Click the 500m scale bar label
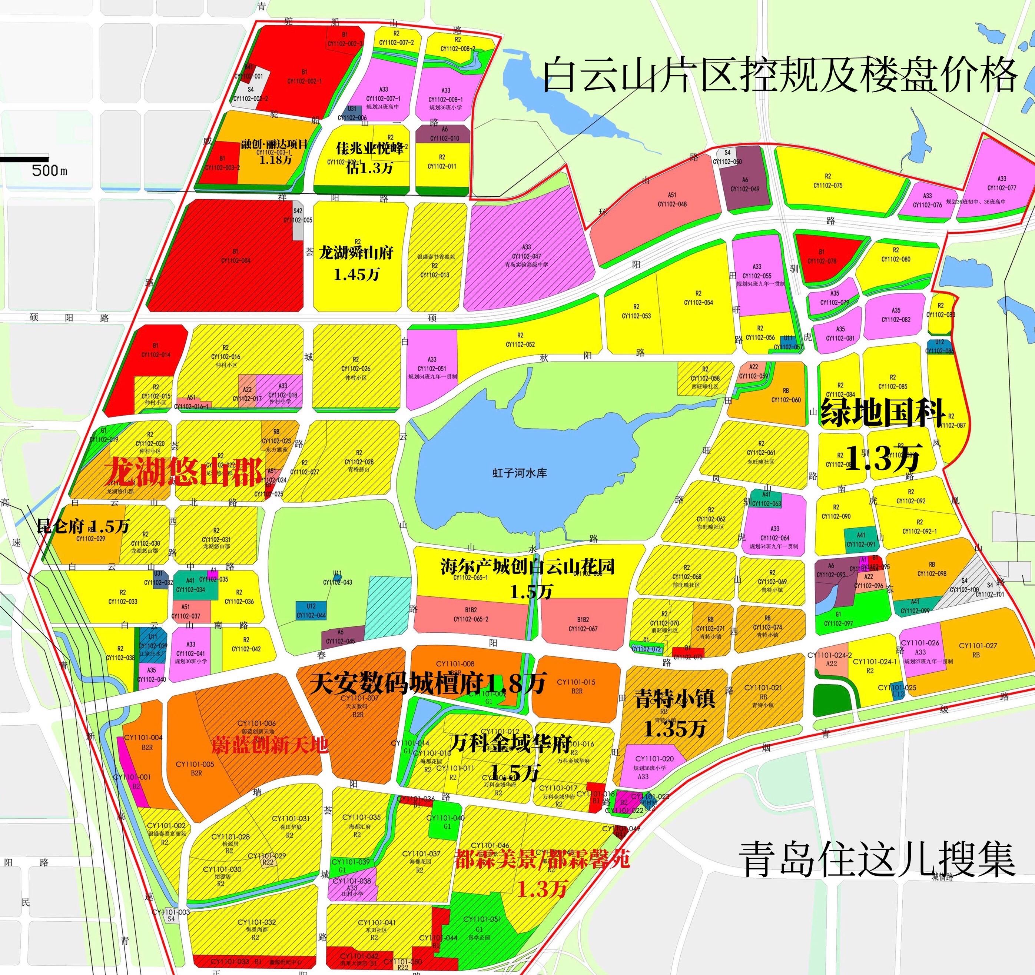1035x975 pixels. (49, 170)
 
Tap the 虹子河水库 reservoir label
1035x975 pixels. (519, 473)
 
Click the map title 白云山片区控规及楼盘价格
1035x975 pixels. (779, 76)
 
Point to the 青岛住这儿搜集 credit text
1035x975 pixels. (877, 860)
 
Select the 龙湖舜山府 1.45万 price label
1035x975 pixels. (356, 263)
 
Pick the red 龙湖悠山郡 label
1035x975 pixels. (184, 472)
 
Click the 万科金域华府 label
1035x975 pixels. (510, 744)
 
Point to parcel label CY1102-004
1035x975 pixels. (235, 260)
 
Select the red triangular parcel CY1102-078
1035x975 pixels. (822, 261)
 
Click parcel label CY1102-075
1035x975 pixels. (828, 185)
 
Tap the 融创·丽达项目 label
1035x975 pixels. (274, 144)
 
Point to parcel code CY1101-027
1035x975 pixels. (977, 645)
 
